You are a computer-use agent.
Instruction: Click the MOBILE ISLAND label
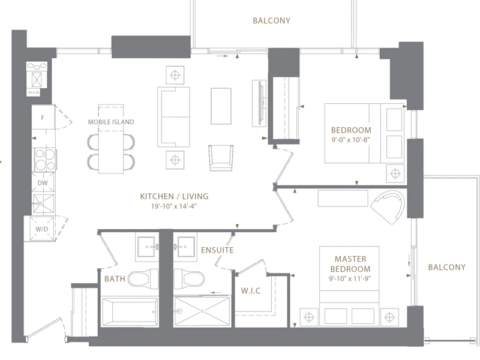click(111, 122)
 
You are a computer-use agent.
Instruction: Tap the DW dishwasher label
click(43, 183)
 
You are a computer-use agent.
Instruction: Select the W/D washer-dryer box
click(42, 229)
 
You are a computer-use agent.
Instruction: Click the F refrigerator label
click(43, 118)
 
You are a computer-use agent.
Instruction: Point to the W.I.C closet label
click(251, 290)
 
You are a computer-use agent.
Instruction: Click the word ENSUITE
click(217, 250)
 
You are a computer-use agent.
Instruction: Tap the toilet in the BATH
click(143, 278)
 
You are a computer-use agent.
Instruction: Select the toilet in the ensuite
click(189, 279)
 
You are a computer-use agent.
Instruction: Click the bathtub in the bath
click(130, 311)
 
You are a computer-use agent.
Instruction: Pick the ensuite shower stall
click(202, 311)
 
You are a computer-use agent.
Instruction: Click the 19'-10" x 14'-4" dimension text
click(173, 206)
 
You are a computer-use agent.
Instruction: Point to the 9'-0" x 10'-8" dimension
click(351, 140)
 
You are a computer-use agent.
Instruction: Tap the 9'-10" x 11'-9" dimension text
click(350, 278)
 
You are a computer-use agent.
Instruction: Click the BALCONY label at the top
click(272, 20)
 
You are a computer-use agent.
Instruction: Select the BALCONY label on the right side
click(447, 267)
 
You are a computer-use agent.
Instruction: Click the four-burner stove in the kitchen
click(44, 160)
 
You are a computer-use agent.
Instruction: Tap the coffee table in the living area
click(221, 106)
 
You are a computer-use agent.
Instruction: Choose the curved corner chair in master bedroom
click(388, 207)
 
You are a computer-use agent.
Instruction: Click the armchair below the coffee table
click(221, 158)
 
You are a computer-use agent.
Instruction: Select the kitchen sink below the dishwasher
click(44, 203)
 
